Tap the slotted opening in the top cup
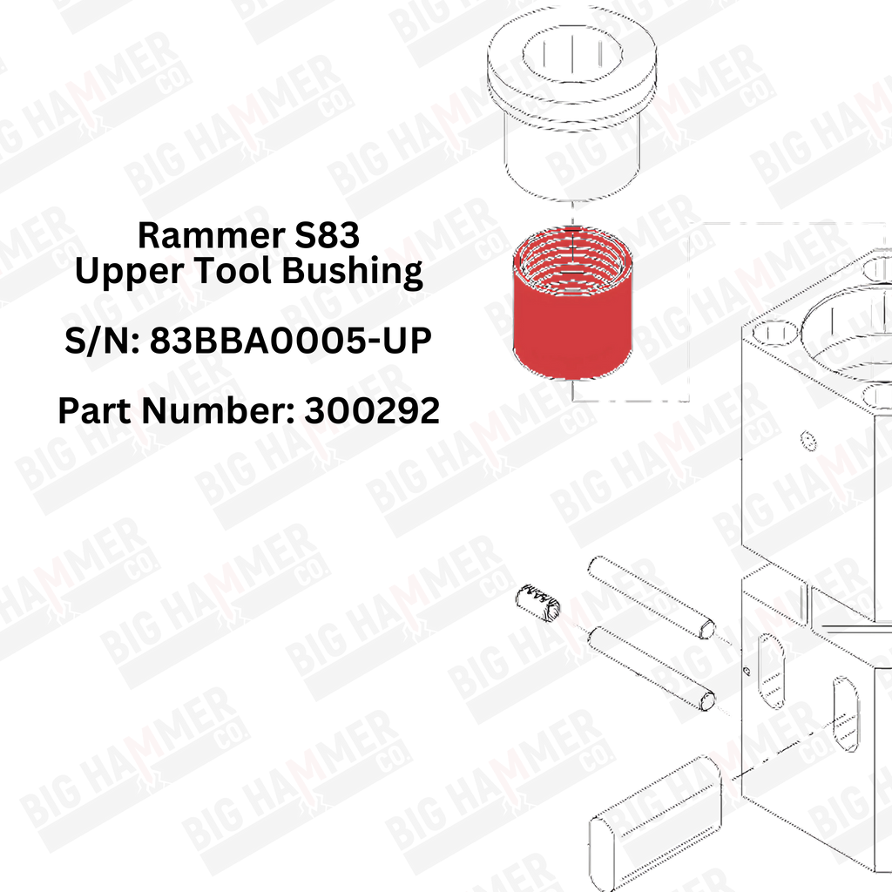(573, 54)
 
